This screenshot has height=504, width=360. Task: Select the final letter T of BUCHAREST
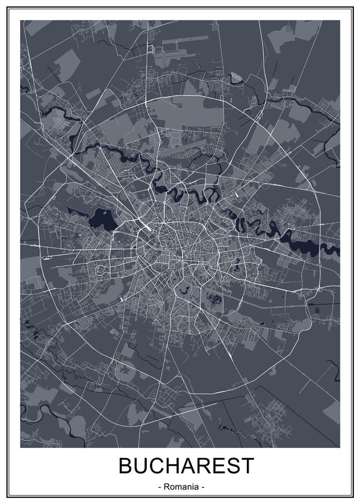247,466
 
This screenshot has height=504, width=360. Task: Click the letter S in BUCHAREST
232,466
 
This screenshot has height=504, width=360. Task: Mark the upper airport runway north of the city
185,43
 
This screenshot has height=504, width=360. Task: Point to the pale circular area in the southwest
125,370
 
